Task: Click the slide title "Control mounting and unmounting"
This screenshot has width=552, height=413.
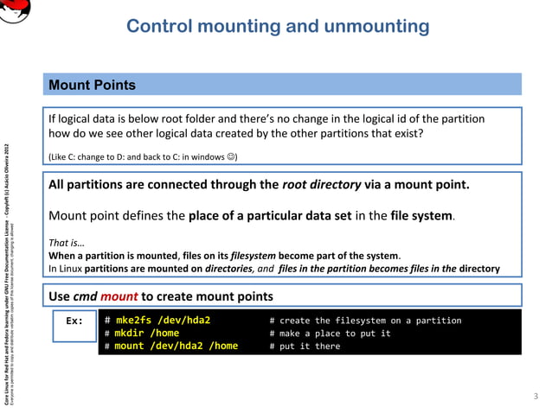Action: tap(277, 26)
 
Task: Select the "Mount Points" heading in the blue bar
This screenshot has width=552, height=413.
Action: tap(91, 85)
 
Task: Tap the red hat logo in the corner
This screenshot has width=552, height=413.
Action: tap(15, 11)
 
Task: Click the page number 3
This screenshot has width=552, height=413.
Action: tap(536, 396)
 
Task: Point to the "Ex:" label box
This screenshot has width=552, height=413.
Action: tap(74, 321)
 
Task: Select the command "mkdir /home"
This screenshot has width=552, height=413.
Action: tap(147, 334)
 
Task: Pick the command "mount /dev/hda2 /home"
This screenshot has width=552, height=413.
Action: tap(177, 346)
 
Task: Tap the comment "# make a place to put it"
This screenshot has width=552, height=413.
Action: tap(330, 334)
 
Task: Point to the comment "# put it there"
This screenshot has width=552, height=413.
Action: tap(305, 346)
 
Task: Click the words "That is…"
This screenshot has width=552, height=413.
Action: tap(67, 243)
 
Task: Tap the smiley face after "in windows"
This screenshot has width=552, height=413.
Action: tap(230, 156)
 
